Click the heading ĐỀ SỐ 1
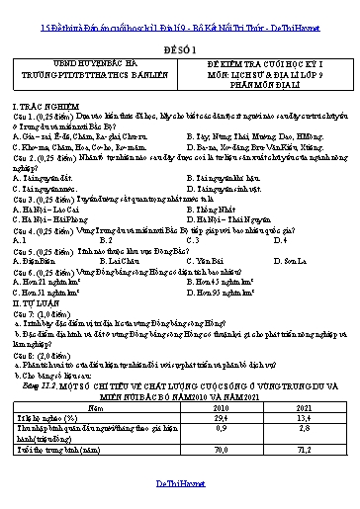tap(180, 46)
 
